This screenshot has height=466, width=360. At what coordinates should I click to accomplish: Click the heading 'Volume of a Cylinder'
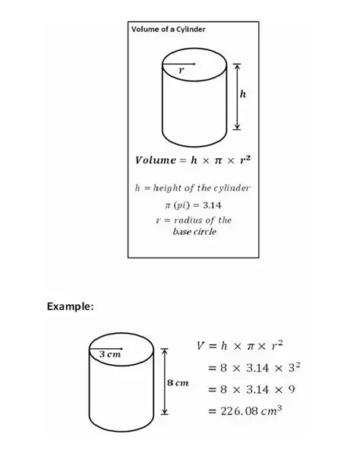click(x=169, y=29)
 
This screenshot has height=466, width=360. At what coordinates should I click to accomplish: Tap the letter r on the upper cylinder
click(x=181, y=70)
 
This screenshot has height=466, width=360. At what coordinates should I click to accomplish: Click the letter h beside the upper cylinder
click(x=243, y=94)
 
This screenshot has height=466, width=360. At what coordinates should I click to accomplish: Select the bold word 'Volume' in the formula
click(x=156, y=160)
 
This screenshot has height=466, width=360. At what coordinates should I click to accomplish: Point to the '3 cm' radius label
click(x=110, y=353)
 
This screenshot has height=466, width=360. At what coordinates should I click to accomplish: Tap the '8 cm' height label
click(x=177, y=382)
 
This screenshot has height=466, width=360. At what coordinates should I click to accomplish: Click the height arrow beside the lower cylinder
click(x=160, y=385)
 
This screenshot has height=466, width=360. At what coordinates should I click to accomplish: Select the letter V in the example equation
click(x=201, y=346)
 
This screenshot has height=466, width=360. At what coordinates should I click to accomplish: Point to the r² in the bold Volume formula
click(x=244, y=160)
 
